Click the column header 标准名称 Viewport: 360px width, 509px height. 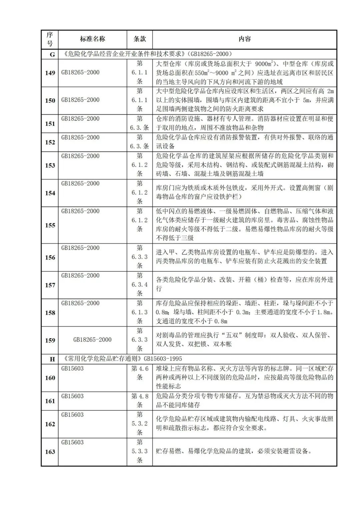tap(92, 39)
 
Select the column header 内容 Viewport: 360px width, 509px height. tap(244, 39)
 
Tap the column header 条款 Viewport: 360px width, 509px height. tap(140, 39)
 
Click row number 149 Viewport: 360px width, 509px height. tap(50, 73)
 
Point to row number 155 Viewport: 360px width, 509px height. tap(50, 225)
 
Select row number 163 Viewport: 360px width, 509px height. tap(50, 452)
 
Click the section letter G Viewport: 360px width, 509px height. tap(52, 54)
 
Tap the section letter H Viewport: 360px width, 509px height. tap(52, 359)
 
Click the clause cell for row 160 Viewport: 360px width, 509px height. tap(140, 373)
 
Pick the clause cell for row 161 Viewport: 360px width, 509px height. tap(140, 401)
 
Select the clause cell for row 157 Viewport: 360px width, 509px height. tap(140, 285)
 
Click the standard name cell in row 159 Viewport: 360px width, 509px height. tap(92, 340)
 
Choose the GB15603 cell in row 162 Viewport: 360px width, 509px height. tap(73, 415)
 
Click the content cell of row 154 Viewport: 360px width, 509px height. tap(244, 192)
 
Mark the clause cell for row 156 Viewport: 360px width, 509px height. tap(140, 257)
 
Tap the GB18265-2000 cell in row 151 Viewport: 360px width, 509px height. tap(80, 119)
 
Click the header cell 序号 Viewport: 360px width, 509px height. tap(50, 39)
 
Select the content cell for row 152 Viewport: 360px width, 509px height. tap(244, 142)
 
